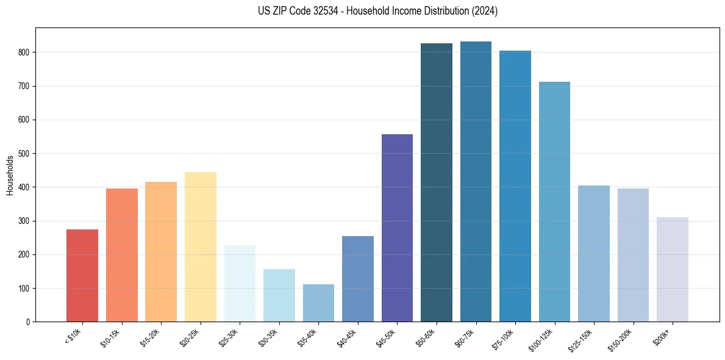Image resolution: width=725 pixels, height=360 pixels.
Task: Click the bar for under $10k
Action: [82, 275]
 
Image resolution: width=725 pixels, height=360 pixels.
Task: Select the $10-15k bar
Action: [121, 255]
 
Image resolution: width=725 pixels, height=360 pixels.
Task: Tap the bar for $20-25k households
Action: [200, 247]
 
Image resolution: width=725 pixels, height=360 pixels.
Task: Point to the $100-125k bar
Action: [554, 201]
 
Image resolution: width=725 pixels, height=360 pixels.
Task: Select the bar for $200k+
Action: [672, 269]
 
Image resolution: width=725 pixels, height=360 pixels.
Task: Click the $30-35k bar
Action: [279, 295]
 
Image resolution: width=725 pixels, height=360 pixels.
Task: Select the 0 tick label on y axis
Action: [28, 322]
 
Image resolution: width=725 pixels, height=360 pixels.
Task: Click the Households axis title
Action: [10, 175]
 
